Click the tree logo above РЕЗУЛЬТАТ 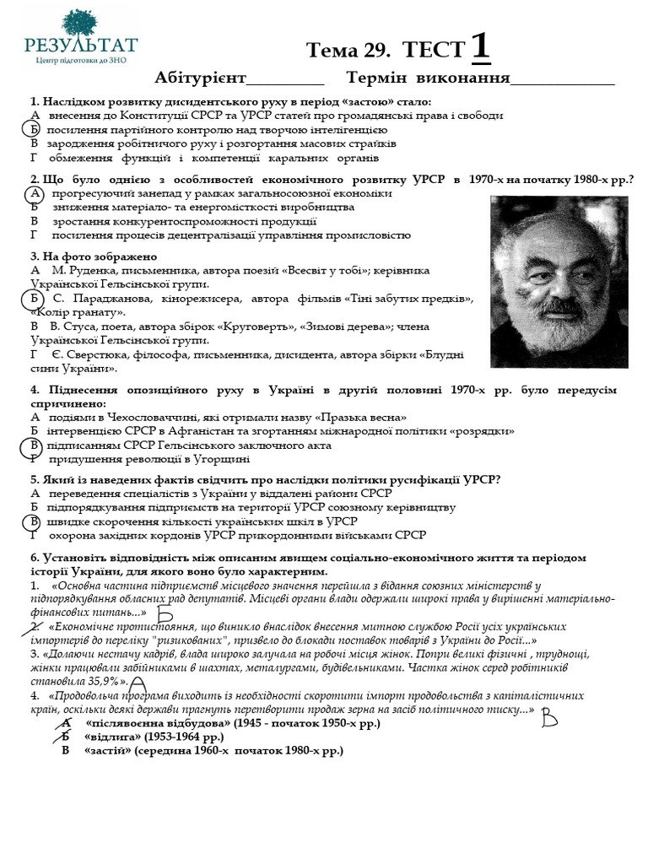(80, 22)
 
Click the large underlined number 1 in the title (480, 47)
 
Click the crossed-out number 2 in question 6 (35, 628)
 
